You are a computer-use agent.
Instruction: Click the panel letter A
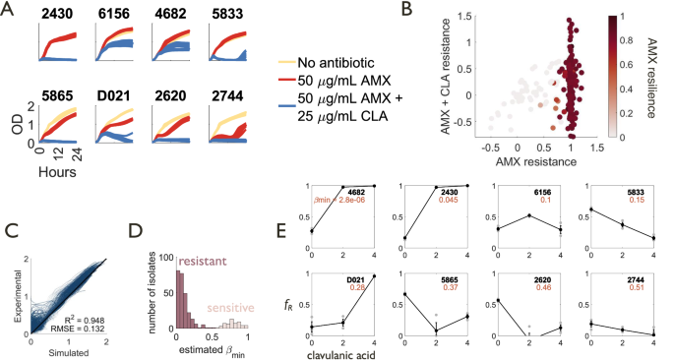pos(10,10)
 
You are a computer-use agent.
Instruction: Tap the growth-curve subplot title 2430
pos(58,16)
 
